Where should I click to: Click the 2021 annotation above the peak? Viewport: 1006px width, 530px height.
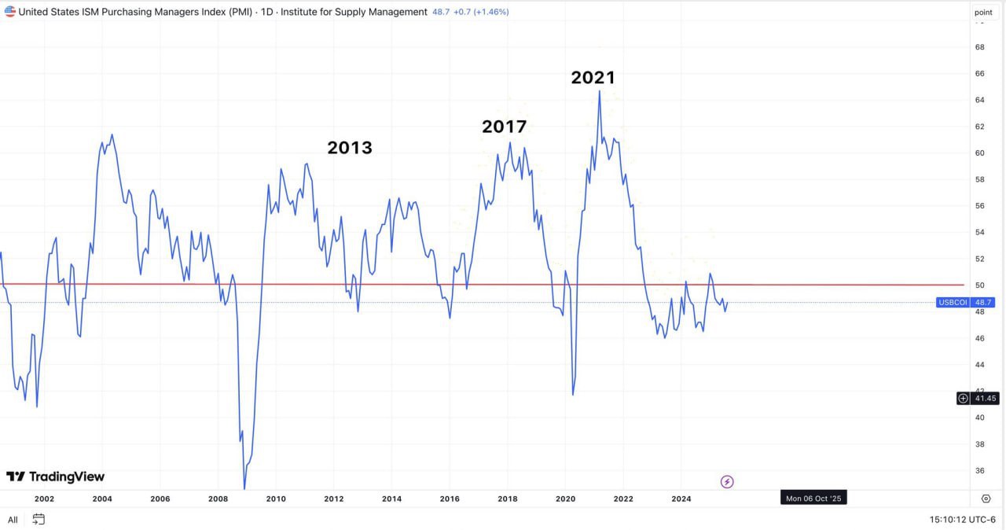pos(593,78)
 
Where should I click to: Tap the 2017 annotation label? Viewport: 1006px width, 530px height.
pos(504,127)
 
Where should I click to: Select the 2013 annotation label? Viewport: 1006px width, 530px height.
pos(350,148)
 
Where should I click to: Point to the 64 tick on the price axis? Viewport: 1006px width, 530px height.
pos(980,100)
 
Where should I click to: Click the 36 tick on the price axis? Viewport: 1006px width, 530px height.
pos(980,471)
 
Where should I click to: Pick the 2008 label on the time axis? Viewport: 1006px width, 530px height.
pos(218,499)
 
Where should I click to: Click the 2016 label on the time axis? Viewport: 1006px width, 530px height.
pos(450,499)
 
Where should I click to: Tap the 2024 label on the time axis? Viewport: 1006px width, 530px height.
pos(681,499)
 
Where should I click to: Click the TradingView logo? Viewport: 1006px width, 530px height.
pos(55,477)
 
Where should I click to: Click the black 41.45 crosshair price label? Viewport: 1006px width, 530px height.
pos(985,399)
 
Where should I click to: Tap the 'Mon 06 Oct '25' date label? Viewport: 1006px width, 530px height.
pos(813,499)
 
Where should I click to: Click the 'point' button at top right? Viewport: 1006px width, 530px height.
pos(983,12)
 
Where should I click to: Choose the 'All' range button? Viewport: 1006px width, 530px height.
pos(13,520)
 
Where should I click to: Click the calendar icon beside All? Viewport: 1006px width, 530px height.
pos(39,519)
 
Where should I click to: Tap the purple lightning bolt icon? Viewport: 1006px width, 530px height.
pos(727,481)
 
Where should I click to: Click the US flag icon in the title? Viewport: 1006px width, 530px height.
pos(10,12)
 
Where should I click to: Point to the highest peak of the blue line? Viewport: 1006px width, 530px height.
pos(600,91)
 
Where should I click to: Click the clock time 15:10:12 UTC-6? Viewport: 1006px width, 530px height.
pos(963,520)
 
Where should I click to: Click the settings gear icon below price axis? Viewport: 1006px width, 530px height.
pos(986,499)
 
